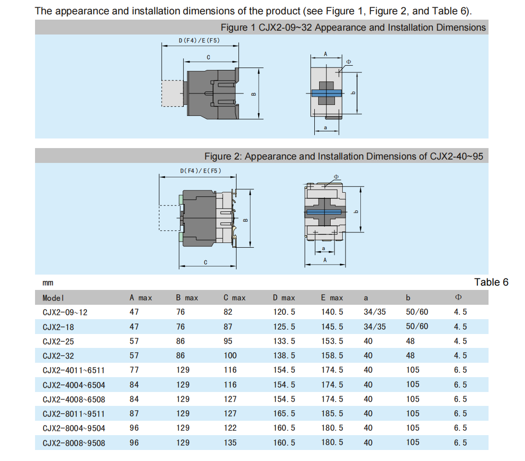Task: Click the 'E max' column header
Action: [x=332, y=298]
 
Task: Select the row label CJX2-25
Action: [x=58, y=341]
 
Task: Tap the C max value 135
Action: [x=230, y=443]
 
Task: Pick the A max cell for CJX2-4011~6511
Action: [x=134, y=370]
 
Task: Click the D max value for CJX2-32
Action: [x=284, y=356]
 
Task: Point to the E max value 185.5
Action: [x=332, y=414]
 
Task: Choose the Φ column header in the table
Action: [x=458, y=297]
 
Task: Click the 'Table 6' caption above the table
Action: [x=491, y=282]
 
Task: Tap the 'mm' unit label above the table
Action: [x=48, y=283]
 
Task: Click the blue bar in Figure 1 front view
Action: [x=326, y=93]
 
